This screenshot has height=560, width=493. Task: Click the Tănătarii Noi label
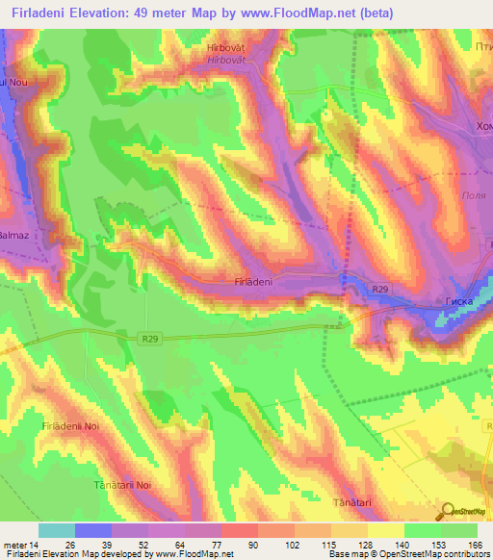[x=123, y=485]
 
